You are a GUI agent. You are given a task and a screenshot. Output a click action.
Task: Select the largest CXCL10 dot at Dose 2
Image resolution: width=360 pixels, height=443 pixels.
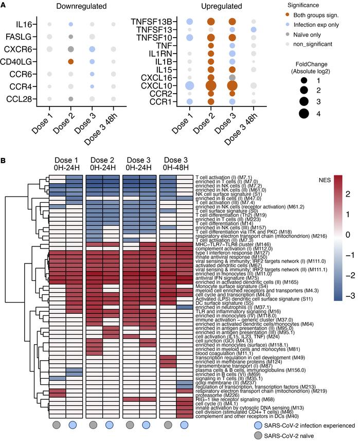coord(210,85)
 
